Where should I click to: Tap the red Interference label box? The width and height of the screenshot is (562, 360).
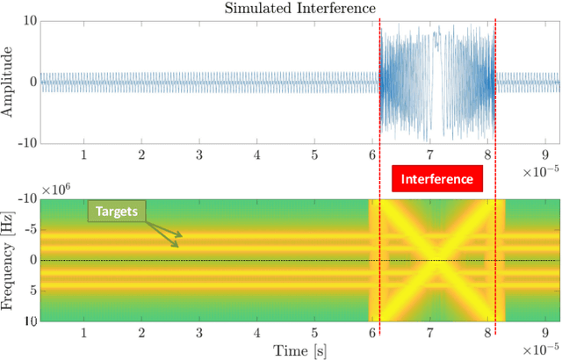pyautogui.click(x=436, y=179)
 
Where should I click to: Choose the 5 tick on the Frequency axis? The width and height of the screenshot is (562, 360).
pyautogui.click(x=31, y=291)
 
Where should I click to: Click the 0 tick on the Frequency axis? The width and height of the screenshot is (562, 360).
pyautogui.click(x=31, y=261)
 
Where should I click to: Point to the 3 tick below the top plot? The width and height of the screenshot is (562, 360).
pyautogui.click(x=199, y=155)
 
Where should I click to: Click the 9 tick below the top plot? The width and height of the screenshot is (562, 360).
pyautogui.click(x=545, y=155)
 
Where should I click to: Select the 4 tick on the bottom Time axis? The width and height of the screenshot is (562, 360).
pyautogui.click(x=256, y=334)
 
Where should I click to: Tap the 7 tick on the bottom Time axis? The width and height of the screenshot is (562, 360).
pyautogui.click(x=430, y=334)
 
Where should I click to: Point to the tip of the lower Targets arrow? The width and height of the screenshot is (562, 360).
pyautogui.click(x=180, y=245)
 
